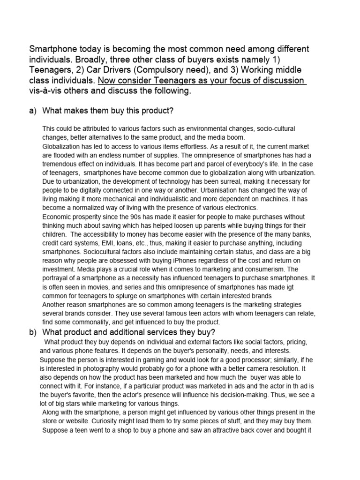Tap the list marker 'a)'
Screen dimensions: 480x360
coord(33,111)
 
